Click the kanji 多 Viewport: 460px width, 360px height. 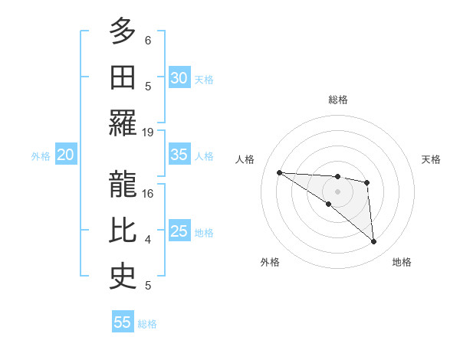123,31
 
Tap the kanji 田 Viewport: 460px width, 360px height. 123,77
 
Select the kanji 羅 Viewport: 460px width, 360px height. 123,123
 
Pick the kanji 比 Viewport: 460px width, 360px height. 123,231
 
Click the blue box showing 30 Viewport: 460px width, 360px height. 179,77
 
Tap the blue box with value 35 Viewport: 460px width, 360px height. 179,155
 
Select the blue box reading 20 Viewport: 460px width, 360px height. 65,155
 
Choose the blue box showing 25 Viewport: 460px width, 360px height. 179,231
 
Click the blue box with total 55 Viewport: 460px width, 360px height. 123,322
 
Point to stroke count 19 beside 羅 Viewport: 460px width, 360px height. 148,132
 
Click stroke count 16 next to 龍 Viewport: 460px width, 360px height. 148,193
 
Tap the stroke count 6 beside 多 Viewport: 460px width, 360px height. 148,40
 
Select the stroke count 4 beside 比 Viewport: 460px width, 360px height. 148,240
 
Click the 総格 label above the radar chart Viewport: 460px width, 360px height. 337,100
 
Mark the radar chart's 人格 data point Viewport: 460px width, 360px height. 280,172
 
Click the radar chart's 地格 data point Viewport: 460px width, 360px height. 374,242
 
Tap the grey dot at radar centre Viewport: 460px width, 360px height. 337,191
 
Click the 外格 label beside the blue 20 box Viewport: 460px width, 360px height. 41,155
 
